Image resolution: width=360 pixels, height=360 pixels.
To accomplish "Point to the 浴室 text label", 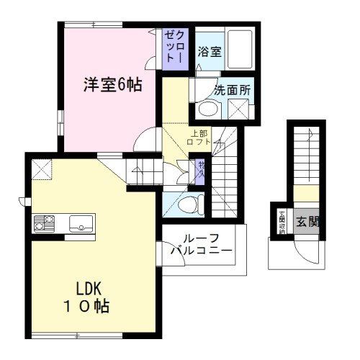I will [x=210, y=52].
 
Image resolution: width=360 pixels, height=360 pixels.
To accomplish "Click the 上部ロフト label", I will [x=200, y=138].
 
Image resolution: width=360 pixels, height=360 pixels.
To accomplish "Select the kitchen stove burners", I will [x=41, y=224].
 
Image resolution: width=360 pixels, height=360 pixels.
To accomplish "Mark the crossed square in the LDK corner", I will [x=42, y=170].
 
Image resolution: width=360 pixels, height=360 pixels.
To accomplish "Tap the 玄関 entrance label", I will [x=307, y=222].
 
